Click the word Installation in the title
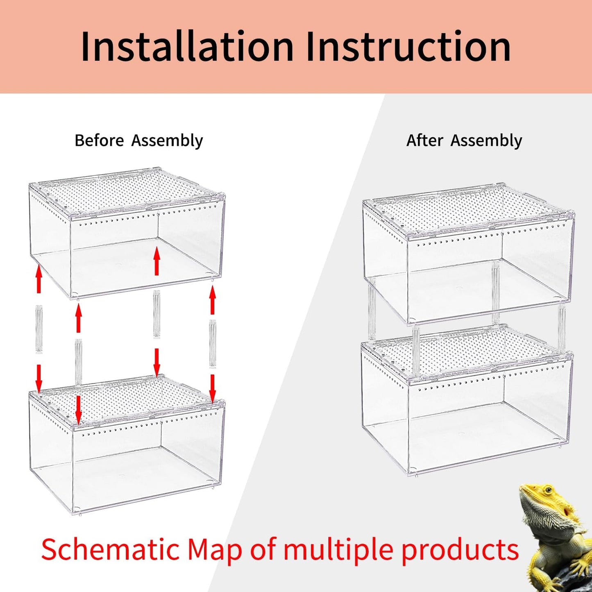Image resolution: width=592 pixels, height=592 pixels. pyautogui.click(x=187, y=47)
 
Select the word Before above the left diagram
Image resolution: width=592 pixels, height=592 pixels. pyautogui.click(x=99, y=141)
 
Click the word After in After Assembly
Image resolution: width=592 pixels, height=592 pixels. pyautogui.click(x=424, y=141)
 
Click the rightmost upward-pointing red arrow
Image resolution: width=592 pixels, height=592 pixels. pyautogui.click(x=212, y=301)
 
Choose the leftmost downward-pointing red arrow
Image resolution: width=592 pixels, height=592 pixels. pyautogui.click(x=39, y=379)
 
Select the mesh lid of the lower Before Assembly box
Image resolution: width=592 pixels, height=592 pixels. pyautogui.click(x=127, y=399)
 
